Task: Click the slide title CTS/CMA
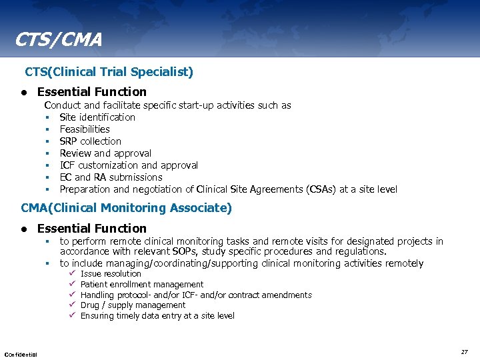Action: [59, 40]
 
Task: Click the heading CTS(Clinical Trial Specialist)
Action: [109, 71]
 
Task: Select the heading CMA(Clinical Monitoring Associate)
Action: [127, 208]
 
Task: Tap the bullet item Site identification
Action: [97, 117]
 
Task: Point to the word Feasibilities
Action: [85, 129]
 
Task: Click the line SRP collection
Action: [91, 141]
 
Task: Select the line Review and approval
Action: [105, 153]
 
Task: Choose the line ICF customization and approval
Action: [129, 165]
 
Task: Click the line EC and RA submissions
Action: [111, 177]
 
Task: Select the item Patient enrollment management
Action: [142, 285]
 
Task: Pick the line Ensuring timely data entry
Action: [157, 316]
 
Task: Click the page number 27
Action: [464, 351]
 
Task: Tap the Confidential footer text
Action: [21, 353]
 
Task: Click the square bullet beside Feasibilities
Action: [48, 129]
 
